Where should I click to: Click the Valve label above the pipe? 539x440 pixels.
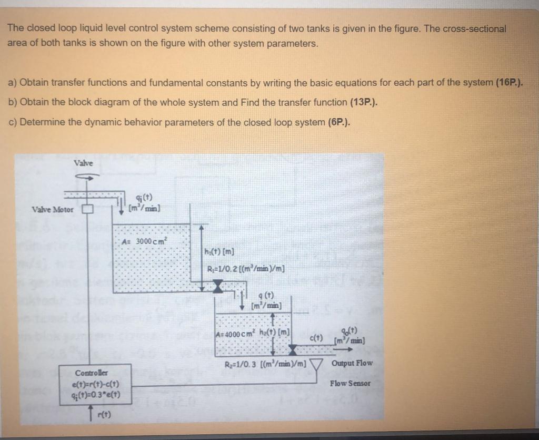[x=83, y=163]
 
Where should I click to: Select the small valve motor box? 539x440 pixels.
[x=87, y=209]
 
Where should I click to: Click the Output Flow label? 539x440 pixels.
[x=352, y=363]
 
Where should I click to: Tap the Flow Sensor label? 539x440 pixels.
[x=350, y=383]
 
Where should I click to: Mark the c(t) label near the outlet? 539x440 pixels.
[x=317, y=337]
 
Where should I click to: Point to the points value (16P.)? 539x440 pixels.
[x=510, y=82]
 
